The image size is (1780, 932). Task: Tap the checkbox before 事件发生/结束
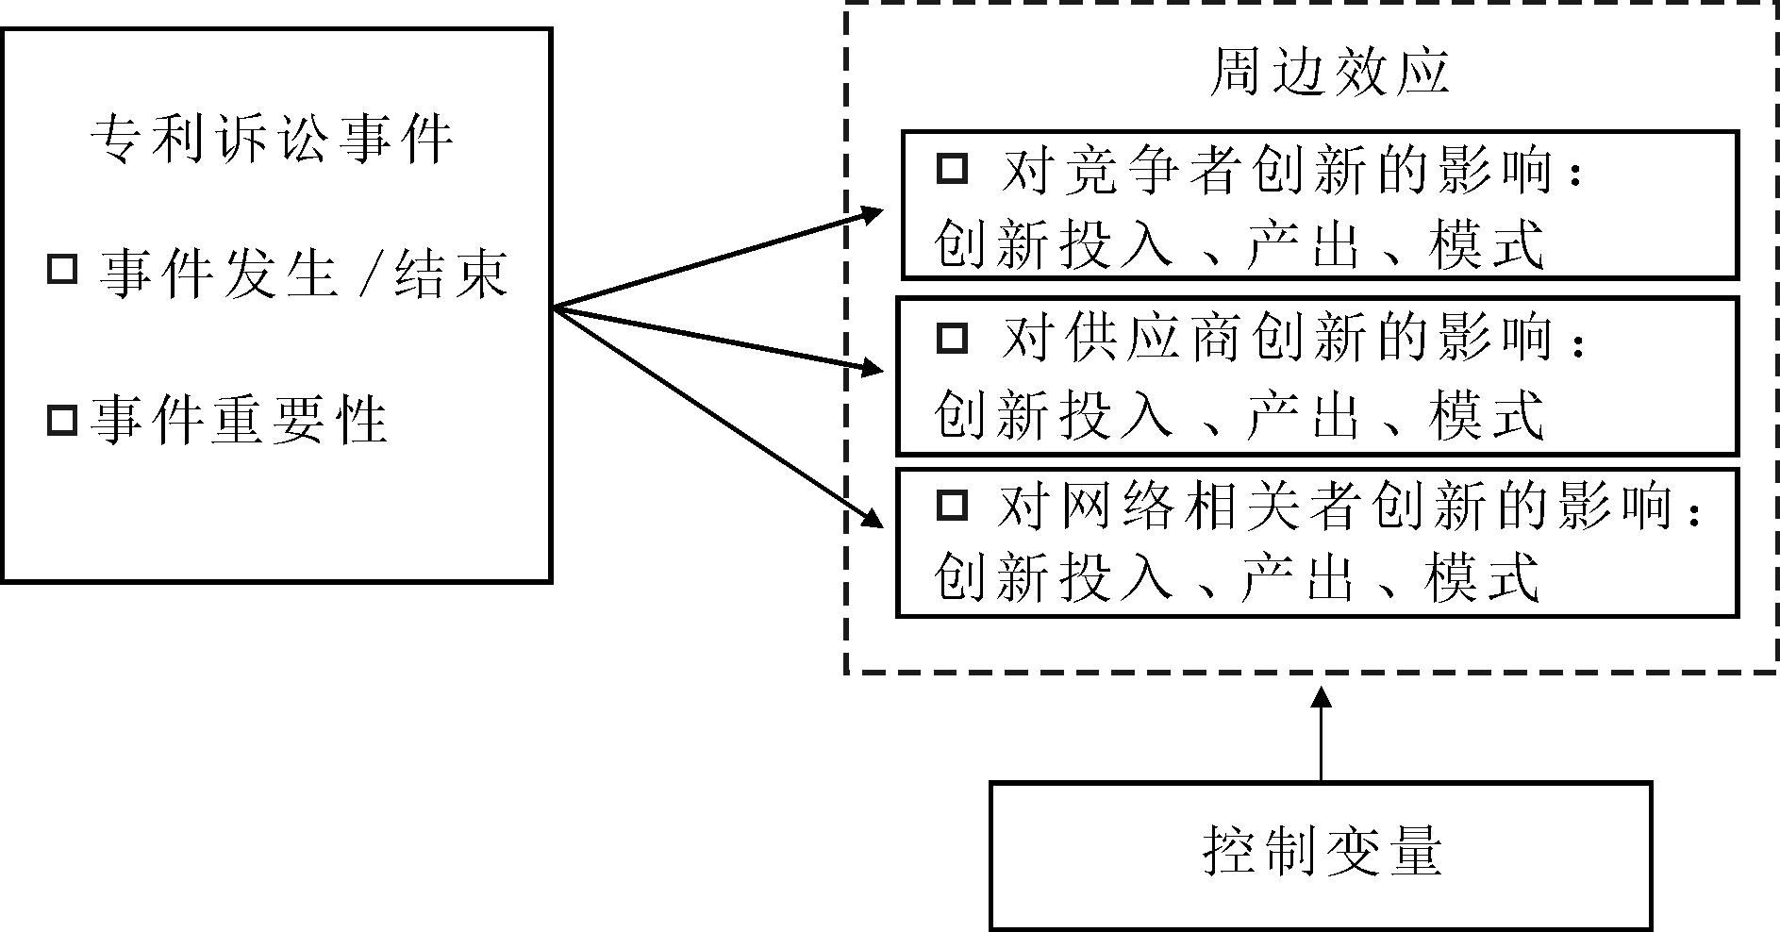62,270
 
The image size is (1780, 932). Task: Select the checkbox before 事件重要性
62,419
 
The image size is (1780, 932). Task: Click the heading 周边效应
1328,73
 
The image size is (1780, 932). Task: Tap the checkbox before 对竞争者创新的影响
952,170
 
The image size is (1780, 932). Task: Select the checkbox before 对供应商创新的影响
952,338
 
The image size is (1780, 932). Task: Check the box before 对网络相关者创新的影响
952,506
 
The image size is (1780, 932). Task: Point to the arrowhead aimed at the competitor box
872,213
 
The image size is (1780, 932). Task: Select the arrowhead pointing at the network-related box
873,520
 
